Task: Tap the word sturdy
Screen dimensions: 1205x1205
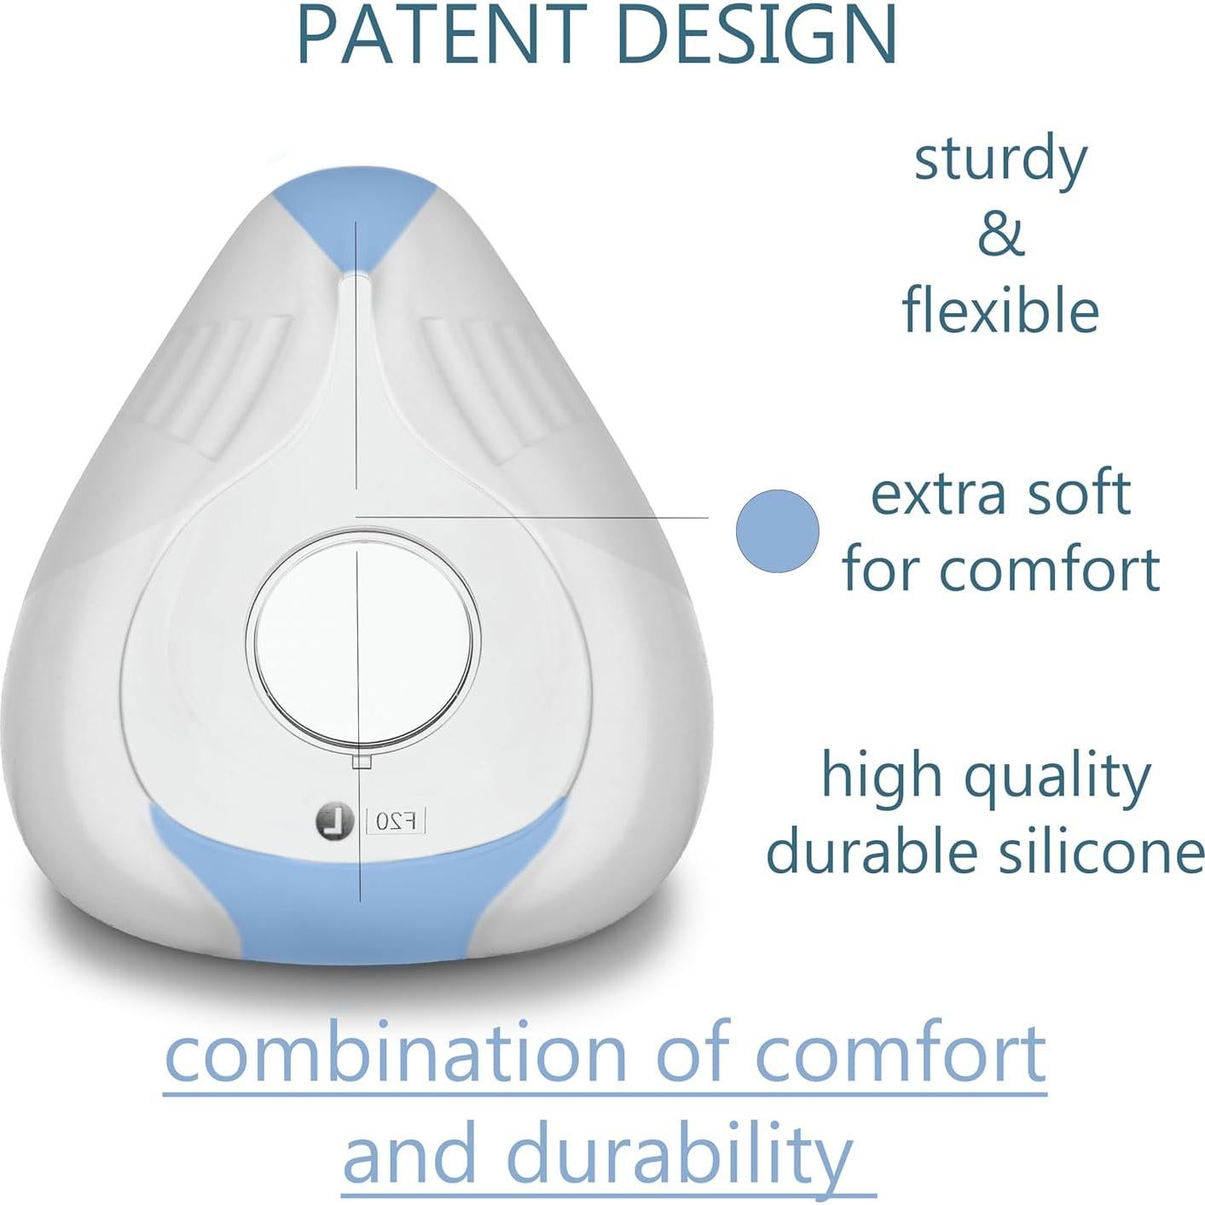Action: (1000, 160)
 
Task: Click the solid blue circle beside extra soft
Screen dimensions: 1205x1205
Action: (777, 530)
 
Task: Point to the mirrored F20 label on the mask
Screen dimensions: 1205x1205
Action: (396, 821)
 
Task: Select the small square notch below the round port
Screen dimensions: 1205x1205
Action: (362, 761)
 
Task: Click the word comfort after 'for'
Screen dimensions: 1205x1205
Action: (1048, 570)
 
